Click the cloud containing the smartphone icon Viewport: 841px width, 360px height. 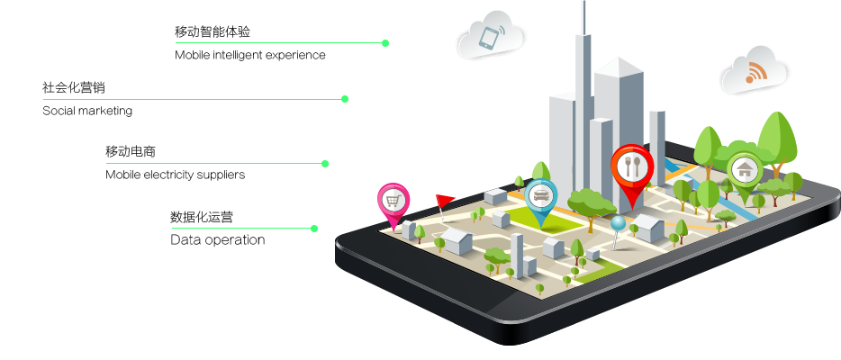click(489, 38)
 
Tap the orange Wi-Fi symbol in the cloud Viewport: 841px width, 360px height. click(754, 74)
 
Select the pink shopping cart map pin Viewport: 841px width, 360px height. click(393, 201)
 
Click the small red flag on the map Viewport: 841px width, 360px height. click(444, 200)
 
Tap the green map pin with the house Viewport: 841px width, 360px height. click(744, 170)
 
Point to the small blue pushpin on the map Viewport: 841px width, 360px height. click(617, 223)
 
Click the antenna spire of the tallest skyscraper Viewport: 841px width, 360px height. click(583, 18)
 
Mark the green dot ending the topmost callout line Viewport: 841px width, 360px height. click(385, 43)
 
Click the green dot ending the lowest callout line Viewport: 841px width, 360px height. click(314, 229)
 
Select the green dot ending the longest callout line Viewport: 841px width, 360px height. click(345, 99)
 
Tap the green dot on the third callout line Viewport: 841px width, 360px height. click(325, 164)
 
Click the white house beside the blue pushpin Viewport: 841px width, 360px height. click(647, 227)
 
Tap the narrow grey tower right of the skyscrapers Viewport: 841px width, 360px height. click(657, 144)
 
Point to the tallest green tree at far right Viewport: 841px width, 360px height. click(776, 135)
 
